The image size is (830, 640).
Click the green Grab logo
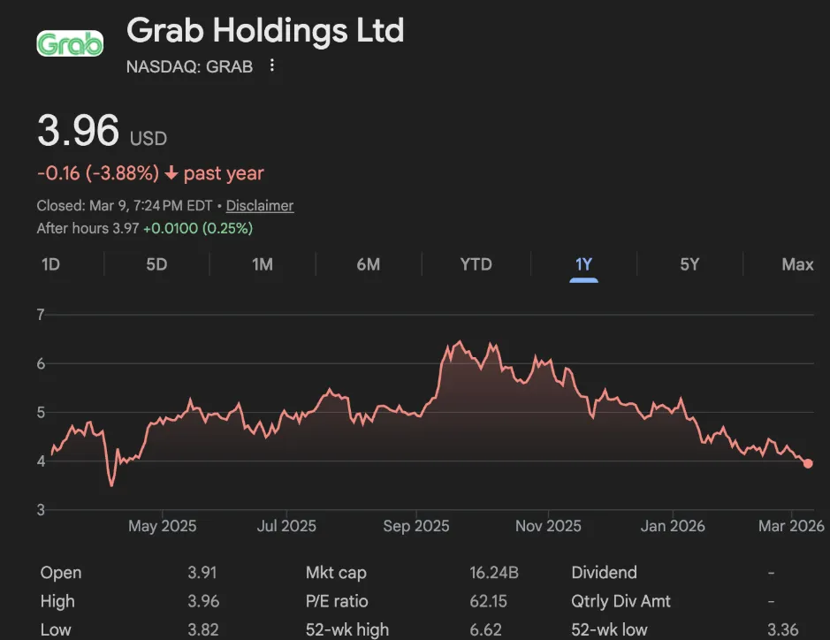click(x=70, y=43)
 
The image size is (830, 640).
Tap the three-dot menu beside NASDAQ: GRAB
click(x=272, y=66)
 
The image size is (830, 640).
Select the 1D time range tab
click(x=51, y=264)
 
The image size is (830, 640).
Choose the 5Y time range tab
click(x=689, y=264)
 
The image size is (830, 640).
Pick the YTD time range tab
click(x=476, y=264)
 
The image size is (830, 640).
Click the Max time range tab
click(x=797, y=264)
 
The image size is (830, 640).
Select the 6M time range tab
click(x=368, y=264)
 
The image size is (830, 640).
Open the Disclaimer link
click(x=260, y=206)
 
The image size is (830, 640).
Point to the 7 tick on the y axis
click(x=41, y=315)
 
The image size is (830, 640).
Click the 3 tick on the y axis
click(x=41, y=510)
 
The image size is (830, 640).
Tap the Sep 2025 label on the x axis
click(x=416, y=526)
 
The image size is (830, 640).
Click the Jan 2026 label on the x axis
click(x=674, y=526)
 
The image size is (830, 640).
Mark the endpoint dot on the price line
click(x=808, y=463)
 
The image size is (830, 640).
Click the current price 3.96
click(x=78, y=132)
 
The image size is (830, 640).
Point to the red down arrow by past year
click(x=171, y=174)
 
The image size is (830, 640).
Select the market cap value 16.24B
click(x=494, y=573)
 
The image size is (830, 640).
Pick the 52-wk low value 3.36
click(x=783, y=630)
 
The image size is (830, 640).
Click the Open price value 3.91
click(x=202, y=573)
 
